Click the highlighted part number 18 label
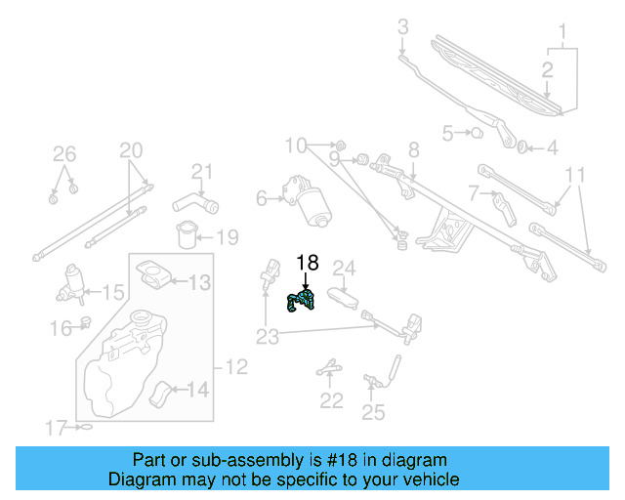pos(307,263)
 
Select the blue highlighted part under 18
pos(301,302)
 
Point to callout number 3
pos(402,27)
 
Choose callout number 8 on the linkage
pos(414,149)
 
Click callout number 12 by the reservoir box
pos(237,368)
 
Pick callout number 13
pos(198,284)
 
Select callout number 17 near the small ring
pos(56,427)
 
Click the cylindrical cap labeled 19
pos(186,236)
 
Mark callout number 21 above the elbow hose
pos(201,173)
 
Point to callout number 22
pos(332,400)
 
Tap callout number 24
pos(345,268)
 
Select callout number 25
pos(373,412)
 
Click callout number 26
pos(63,153)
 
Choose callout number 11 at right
pos(575,175)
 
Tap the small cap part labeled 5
pos(479,132)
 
